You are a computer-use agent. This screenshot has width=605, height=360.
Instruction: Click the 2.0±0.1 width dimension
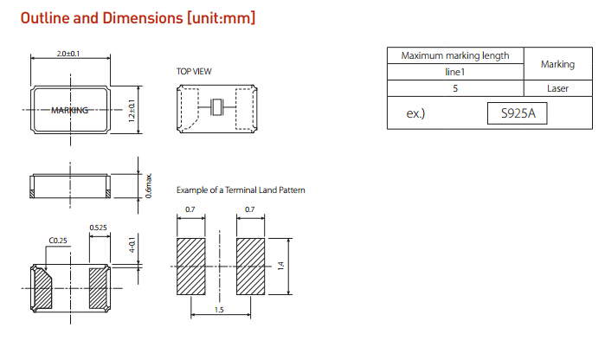point(68,54)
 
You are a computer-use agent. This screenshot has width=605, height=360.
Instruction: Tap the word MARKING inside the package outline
point(70,110)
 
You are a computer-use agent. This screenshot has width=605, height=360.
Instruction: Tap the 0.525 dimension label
point(99,228)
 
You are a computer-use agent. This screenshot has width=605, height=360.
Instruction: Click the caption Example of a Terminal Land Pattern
point(241,190)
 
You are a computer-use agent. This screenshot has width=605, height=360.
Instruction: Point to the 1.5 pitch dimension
point(220,309)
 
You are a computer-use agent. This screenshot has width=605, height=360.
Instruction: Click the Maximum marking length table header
point(455,56)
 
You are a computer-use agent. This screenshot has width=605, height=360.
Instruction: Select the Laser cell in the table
point(557,88)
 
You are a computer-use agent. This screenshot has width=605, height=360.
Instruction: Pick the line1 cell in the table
point(455,73)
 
